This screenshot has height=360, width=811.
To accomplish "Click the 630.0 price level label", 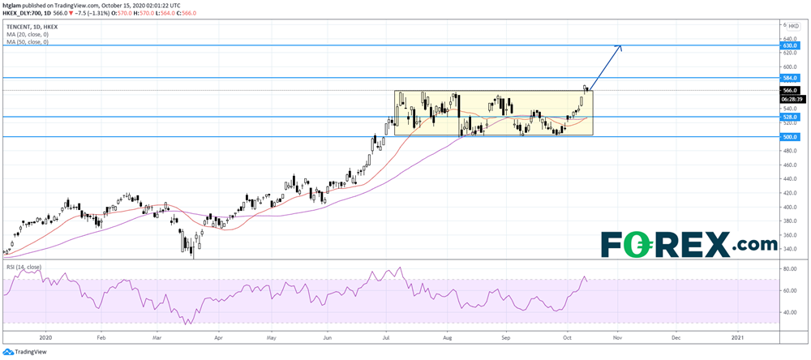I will pyautogui.click(x=791, y=46).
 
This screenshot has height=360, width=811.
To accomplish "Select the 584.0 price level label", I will pyautogui.click(x=791, y=78).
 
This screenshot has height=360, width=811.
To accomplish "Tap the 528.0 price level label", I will pyautogui.click(x=791, y=117).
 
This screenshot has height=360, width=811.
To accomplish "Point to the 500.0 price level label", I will pyautogui.click(x=791, y=137).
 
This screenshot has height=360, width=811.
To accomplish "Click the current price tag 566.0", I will pyautogui.click(x=791, y=90).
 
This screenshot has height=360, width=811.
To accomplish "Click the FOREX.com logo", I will pyautogui.click(x=689, y=243).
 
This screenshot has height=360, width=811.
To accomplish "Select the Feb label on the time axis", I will pyautogui.click(x=101, y=335).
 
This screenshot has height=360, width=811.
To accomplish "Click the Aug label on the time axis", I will pyautogui.click(x=447, y=335).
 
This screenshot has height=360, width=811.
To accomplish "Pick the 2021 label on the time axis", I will pyautogui.click(x=738, y=335).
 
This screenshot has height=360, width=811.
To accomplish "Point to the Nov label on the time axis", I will pyautogui.click(x=618, y=335).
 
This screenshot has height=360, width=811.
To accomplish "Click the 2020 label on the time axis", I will pyautogui.click(x=45, y=335).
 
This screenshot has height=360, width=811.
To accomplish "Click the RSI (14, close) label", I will pyautogui.click(x=24, y=266).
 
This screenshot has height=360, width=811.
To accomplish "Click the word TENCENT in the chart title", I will pyautogui.click(x=19, y=25).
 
